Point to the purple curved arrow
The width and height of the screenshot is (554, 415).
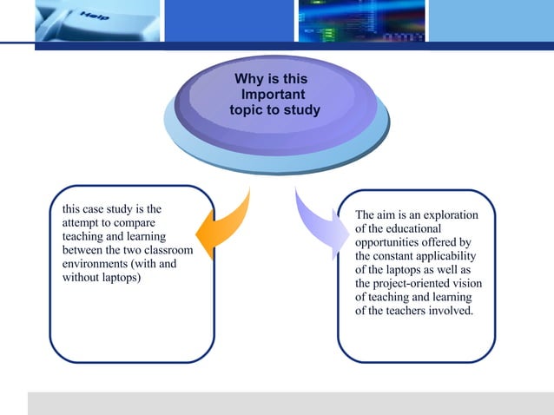pyautogui.click(x=316, y=228)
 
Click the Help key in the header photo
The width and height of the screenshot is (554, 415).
pyautogui.click(x=96, y=19)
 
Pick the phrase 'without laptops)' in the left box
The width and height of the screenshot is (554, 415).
pyautogui.click(x=102, y=278)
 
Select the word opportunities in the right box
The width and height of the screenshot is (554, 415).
pyautogui.click(x=391, y=242)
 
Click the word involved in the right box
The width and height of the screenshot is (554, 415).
pyautogui.click(x=450, y=312)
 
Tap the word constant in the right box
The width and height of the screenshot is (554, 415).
pyautogui.click(x=394, y=256)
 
